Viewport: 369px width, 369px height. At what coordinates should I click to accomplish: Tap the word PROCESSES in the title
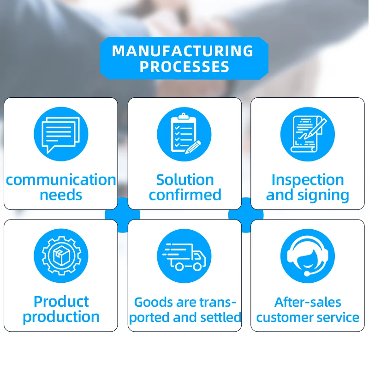click(184, 67)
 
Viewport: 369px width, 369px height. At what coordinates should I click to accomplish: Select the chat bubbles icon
click(60, 133)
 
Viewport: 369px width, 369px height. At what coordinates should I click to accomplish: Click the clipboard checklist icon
click(184, 133)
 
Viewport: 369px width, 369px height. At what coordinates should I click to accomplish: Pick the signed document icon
click(308, 133)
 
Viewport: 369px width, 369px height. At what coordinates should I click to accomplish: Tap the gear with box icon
click(60, 256)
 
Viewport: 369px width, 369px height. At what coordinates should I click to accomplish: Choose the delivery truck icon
click(184, 256)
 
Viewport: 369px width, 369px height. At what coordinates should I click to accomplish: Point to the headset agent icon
click(308, 256)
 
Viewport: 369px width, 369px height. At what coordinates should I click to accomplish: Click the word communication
click(61, 179)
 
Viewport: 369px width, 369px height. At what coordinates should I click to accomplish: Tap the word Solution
click(185, 179)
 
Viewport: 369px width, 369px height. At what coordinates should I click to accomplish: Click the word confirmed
click(185, 195)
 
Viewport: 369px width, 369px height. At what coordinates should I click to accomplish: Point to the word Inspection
click(308, 179)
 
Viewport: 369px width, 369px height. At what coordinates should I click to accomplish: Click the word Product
click(61, 302)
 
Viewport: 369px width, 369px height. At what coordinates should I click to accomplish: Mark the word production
click(61, 318)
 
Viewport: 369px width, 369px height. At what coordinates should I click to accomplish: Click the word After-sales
click(308, 302)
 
